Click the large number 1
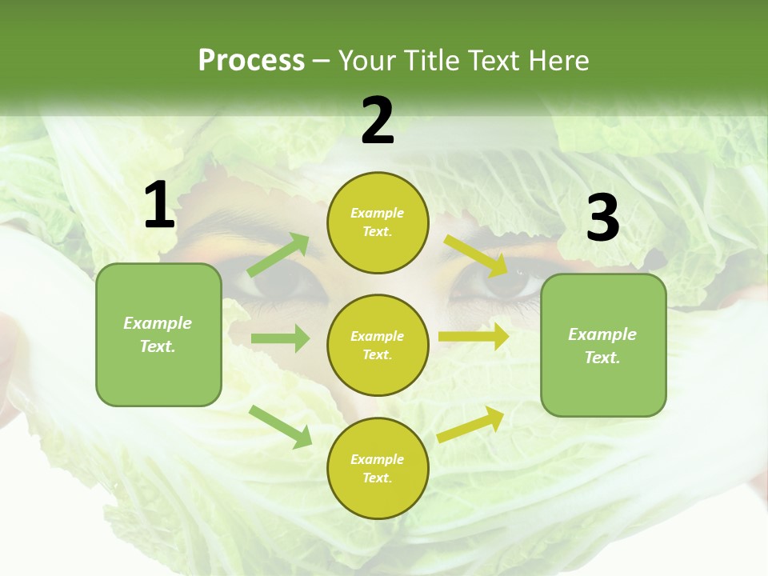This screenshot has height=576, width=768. click(159, 206)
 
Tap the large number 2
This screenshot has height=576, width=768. click(378, 121)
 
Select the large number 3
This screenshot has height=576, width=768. click(602, 218)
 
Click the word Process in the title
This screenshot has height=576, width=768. click(251, 60)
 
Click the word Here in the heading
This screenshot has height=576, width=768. click(558, 60)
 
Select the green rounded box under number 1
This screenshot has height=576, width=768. click(158, 334)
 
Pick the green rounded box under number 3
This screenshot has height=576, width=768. click(603, 345)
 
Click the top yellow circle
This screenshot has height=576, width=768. click(378, 222)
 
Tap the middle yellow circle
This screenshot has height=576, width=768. click(378, 345)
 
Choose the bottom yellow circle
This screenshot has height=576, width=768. click(378, 468)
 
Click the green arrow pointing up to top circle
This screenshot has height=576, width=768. click(278, 255)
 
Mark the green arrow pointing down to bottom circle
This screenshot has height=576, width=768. click(280, 426)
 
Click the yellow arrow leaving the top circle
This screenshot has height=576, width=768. click(476, 255)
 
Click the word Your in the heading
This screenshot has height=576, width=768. click(366, 60)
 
